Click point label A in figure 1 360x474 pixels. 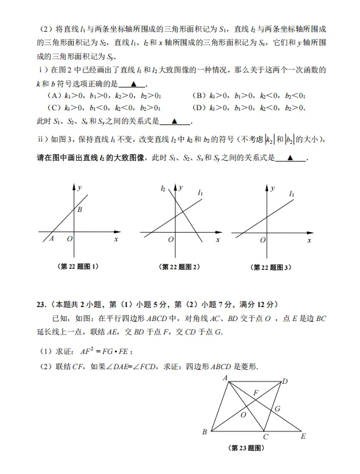click(51, 239)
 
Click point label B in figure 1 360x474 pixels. click(79, 210)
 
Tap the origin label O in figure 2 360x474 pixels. click(171, 241)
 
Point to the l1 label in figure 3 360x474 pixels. click(292, 194)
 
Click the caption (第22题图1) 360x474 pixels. click(79, 266)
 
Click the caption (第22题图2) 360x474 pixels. click(179, 267)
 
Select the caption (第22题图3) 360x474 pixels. click(271, 267)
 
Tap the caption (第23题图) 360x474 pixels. click(247, 448)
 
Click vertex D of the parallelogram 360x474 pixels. click(285, 381)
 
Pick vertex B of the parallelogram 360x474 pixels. click(205, 432)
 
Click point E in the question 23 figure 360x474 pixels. click(303, 436)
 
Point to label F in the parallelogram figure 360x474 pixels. click(256, 392)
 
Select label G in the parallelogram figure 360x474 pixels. click(277, 408)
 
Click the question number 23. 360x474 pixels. click(41, 305)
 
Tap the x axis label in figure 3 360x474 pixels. click(309, 241)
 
